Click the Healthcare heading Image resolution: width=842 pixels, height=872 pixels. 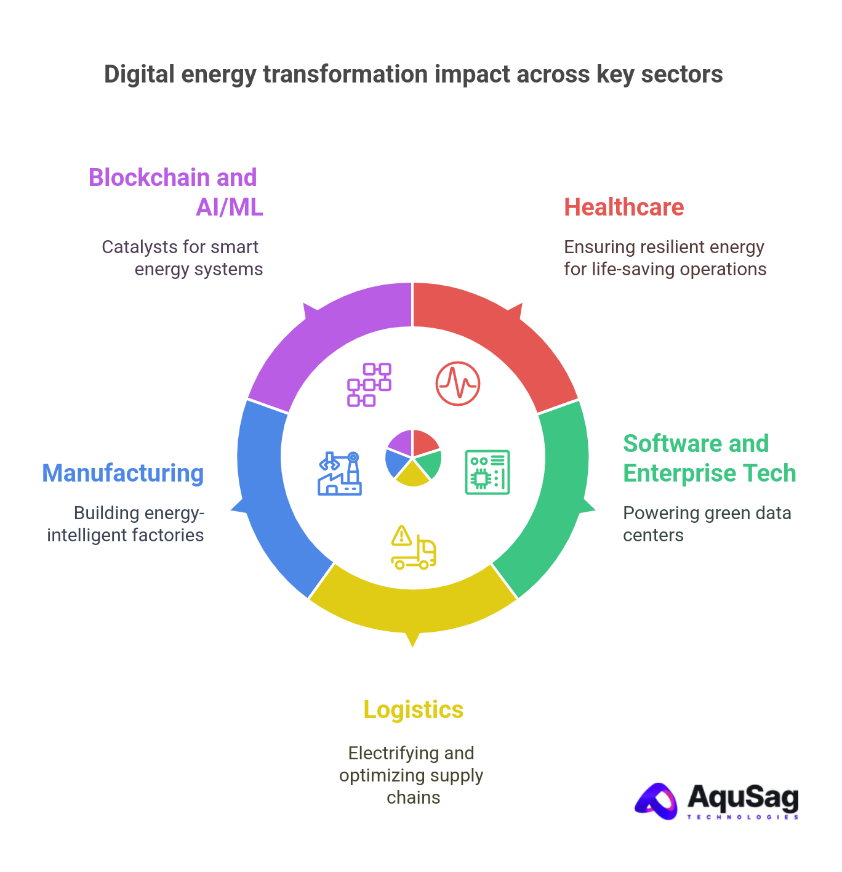click(x=623, y=208)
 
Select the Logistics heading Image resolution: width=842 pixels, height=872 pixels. click(x=413, y=710)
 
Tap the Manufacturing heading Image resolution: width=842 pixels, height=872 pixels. click(x=123, y=474)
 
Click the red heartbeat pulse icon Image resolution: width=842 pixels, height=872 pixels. click(x=457, y=384)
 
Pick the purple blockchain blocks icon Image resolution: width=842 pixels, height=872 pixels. click(x=369, y=384)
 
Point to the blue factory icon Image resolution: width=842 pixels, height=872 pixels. click(x=340, y=473)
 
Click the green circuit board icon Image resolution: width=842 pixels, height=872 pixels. click(x=487, y=472)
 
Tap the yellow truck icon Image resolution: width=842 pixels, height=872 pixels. click(x=413, y=547)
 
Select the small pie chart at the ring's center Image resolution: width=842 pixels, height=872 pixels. click(x=412, y=458)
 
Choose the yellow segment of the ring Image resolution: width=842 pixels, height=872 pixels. click(x=412, y=607)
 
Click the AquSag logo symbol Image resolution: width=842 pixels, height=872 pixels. click(x=656, y=801)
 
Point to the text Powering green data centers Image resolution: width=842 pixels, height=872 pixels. click(x=707, y=524)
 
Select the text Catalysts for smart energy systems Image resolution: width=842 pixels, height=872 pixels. click(x=182, y=258)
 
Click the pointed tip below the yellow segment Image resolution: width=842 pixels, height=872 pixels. click(x=412, y=645)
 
